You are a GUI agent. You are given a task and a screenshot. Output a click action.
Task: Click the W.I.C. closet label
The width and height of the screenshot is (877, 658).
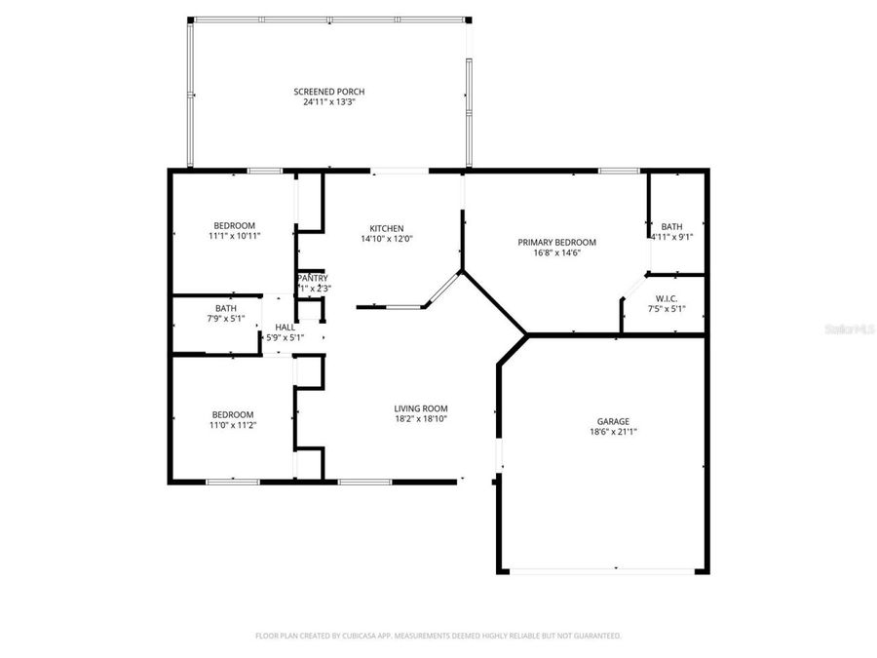coord(667,299)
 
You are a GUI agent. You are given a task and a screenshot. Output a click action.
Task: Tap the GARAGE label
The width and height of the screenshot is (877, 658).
coord(613,422)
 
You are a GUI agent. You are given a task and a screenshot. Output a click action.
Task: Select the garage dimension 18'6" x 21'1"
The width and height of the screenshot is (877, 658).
coord(613,432)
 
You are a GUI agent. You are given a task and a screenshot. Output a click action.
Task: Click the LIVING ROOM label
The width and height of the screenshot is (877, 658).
coord(420,408)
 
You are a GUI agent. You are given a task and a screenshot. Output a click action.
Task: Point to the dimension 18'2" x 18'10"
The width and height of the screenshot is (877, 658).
coord(420,418)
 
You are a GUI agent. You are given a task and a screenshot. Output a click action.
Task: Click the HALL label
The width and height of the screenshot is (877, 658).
coord(285,328)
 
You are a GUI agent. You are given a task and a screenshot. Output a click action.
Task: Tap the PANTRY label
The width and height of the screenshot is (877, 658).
coord(312,278)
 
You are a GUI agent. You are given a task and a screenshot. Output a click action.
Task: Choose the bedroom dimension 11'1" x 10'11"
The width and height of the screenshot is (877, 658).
coord(234,236)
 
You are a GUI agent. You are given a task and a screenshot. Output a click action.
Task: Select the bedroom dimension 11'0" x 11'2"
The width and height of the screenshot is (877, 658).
coord(233,424)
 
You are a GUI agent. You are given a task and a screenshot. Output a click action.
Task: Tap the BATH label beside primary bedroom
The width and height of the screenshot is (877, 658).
coord(671,226)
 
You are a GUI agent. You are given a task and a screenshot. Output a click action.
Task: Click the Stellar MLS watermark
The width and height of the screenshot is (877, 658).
coord(854,330)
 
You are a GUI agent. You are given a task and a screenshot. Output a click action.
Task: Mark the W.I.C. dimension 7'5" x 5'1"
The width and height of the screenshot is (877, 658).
coord(667,309)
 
